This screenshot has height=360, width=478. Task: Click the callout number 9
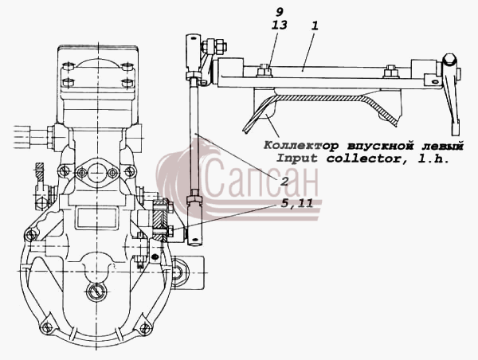tap(280, 12)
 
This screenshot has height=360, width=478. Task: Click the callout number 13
tap(280, 25)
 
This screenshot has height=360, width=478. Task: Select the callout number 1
tap(315, 25)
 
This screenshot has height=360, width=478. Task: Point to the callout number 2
tap(284, 182)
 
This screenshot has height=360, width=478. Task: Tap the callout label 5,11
tap(297, 204)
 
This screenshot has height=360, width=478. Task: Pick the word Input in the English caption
tap(296, 158)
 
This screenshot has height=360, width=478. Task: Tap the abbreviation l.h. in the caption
tap(433, 158)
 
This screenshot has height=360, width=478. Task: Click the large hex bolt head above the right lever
tap(449, 59)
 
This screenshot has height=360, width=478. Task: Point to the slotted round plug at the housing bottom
tap(96, 291)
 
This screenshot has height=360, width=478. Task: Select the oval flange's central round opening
tap(96, 173)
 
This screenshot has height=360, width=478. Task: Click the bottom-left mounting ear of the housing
tap(46, 327)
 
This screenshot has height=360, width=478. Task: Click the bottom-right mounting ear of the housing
tap(146, 327)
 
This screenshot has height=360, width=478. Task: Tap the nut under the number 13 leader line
tap(264, 72)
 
